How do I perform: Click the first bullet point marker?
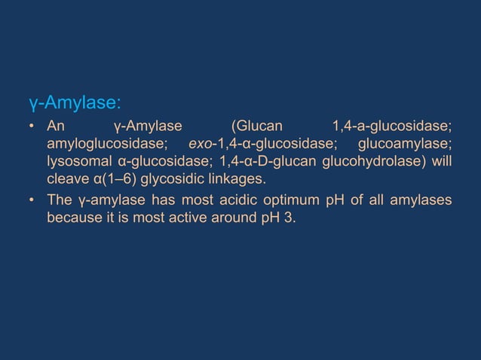[x=32, y=126]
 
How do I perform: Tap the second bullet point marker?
[x=32, y=200]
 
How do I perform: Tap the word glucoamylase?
[x=405, y=144]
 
